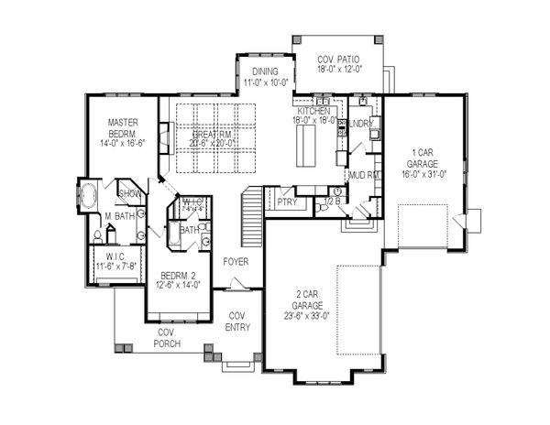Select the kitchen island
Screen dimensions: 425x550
tap(305, 142)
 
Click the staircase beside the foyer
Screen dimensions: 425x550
tap(251, 218)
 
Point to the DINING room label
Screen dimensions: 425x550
tap(266, 71)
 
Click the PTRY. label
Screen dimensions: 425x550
tap(287, 202)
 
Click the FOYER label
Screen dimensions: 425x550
tap(236, 262)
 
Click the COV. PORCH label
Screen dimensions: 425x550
tap(166, 338)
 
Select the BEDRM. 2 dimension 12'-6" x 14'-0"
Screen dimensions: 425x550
tap(174, 285)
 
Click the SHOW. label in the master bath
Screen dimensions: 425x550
tap(129, 194)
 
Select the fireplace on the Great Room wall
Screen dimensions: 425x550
tap(162, 140)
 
